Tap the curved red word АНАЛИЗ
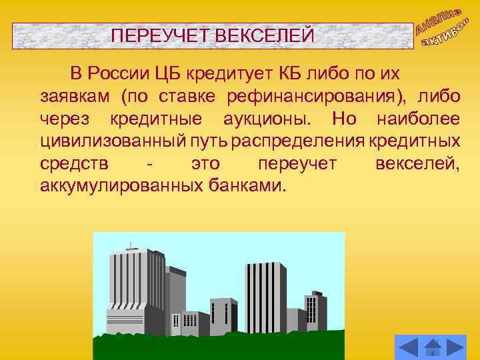click(x=438, y=20)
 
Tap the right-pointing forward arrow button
click(x=456, y=347)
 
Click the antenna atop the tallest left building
click(x=131, y=245)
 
